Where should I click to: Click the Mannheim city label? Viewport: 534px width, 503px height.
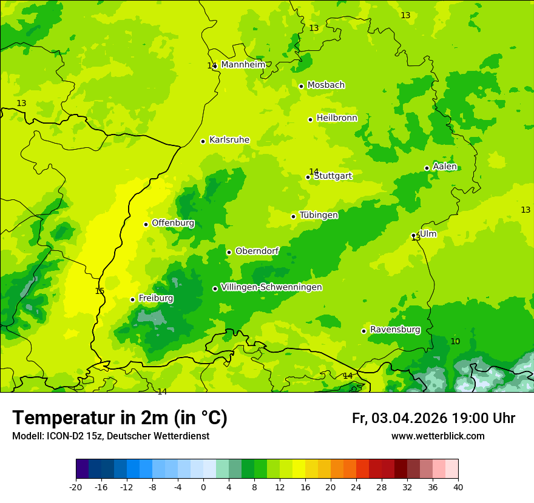coord(243,65)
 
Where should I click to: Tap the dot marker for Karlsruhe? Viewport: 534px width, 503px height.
coord(203,141)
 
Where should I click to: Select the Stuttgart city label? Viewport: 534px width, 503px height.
coord(333,176)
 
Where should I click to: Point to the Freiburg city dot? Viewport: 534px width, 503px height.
coord(132,299)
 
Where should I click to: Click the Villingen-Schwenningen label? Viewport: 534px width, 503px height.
coord(271,287)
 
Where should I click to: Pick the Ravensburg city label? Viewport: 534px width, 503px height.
coord(395,330)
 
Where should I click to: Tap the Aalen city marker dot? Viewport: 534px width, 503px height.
coord(427,168)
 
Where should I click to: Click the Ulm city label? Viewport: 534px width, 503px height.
coord(428,234)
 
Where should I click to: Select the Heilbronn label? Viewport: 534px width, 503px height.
coord(337,118)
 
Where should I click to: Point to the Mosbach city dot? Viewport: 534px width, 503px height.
coord(301,86)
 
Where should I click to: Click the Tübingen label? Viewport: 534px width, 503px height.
coord(319,215)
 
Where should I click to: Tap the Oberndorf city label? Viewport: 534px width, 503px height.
coord(257,251)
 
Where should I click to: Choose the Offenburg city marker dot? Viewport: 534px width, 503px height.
coord(146,224)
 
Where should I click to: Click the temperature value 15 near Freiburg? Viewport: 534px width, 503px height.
coord(100,291)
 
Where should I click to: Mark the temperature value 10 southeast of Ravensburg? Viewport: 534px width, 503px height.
coord(455,341)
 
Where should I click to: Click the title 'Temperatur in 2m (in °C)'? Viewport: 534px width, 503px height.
coord(120,418)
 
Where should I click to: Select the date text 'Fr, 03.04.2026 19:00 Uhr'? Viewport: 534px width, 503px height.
coord(433,418)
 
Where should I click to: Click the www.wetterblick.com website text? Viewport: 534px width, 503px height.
coord(438,436)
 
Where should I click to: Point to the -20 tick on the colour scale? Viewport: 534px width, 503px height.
coord(76,487)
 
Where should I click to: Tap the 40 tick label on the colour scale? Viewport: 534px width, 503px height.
coord(458,487)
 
